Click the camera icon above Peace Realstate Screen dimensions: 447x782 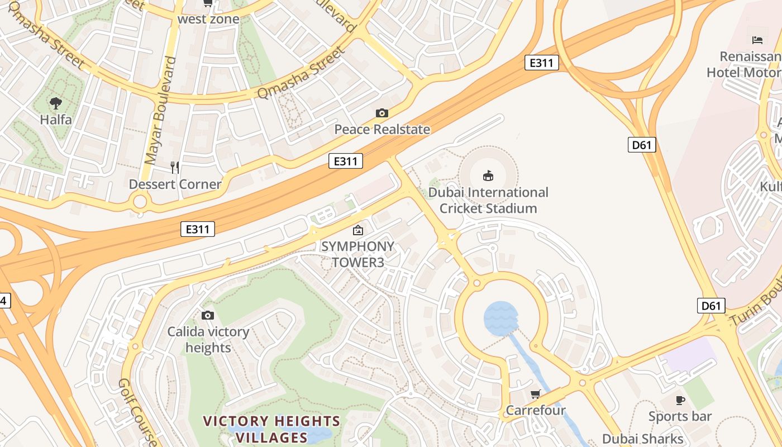pos(382,113)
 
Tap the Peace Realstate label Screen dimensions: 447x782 pos(382,130)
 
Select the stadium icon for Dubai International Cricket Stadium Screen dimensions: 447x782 pos(488,175)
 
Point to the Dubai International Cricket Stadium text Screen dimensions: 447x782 pos(488,200)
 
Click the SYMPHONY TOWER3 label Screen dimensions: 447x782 pos(357,254)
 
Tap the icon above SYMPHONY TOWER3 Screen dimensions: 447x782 pos(357,230)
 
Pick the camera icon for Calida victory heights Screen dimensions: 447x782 pos(208,316)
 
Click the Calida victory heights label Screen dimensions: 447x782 pos(208,340)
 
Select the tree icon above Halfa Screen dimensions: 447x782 pos(55,103)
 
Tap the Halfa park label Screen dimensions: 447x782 pos(55,120)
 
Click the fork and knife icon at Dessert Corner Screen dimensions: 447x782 pos(175,167)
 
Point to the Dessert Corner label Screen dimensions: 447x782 pos(175,184)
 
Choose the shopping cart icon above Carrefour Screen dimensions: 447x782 pos(536,394)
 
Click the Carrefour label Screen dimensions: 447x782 pos(536,411)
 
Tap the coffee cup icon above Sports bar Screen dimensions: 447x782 pos(680,400)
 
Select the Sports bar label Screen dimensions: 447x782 pos(680,416)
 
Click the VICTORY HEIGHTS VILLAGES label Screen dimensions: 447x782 pos(271,429)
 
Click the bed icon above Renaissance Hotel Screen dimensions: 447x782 pos(757,40)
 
